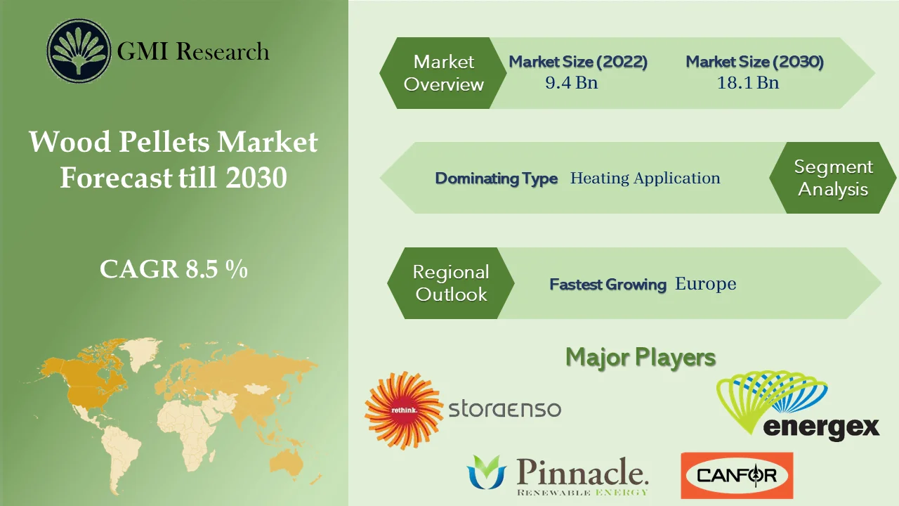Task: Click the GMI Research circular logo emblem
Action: click(79, 51)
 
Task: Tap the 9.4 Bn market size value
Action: click(572, 83)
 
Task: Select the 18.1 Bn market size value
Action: click(748, 83)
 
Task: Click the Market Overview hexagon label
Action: click(444, 73)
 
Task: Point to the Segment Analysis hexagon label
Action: click(833, 178)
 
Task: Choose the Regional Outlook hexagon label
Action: click(451, 283)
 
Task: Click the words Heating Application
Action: click(645, 179)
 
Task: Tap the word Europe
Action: click(705, 284)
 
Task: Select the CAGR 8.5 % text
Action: click(173, 269)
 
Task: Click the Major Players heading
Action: click(641, 357)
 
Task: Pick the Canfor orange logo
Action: click(737, 476)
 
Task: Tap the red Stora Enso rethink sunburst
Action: click(403, 410)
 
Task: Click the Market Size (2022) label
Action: click(578, 62)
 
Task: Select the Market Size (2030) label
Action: click(754, 62)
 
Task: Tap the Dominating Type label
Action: click(496, 179)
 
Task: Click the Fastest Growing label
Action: click(608, 285)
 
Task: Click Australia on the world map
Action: click(290, 460)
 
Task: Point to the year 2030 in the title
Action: click(257, 178)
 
